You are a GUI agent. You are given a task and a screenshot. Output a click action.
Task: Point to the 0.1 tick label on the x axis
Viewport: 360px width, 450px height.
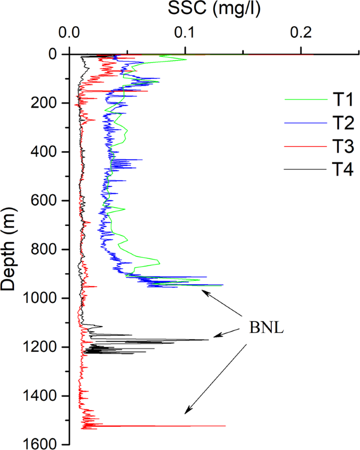185,33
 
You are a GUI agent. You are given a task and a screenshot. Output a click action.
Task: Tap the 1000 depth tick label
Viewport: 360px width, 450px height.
42,299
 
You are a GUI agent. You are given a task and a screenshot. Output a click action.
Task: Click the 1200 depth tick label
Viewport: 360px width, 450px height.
42,348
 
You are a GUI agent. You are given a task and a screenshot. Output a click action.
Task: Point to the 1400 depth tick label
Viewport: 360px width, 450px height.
42,396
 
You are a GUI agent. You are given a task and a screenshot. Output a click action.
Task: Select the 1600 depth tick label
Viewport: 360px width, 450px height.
42,445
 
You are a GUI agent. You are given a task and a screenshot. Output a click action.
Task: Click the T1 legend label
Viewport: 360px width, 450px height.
343,99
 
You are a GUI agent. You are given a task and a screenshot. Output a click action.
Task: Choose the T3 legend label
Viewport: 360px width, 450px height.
343,146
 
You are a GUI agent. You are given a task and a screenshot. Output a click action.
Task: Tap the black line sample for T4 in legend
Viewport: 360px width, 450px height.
303,170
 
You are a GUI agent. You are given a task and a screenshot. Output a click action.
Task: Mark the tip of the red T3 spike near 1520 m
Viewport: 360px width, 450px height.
225,426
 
